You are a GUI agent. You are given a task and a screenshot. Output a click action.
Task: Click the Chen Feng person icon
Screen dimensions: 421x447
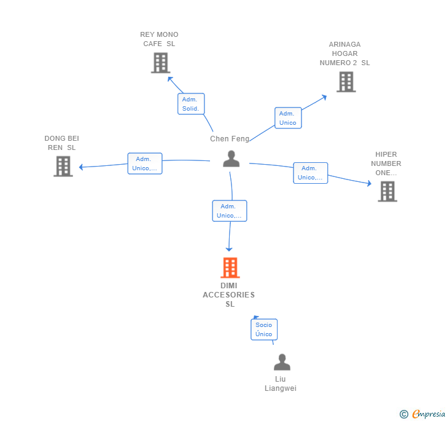tap(231, 159)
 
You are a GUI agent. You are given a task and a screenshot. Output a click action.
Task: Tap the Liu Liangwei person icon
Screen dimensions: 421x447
tap(282, 362)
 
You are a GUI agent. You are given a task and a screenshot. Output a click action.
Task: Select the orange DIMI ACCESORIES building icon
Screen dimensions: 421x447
tap(230, 268)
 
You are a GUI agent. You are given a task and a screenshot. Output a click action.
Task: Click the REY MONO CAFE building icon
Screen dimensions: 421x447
tap(160, 63)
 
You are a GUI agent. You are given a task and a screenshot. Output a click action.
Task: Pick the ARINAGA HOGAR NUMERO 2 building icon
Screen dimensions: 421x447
tap(346, 82)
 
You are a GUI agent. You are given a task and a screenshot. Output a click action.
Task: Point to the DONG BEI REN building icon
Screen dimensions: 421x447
tap(63, 166)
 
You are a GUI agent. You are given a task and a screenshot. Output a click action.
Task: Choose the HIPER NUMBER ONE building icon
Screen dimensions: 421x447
tap(387, 191)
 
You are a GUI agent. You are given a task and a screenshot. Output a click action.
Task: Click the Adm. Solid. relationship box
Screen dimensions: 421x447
tap(191, 104)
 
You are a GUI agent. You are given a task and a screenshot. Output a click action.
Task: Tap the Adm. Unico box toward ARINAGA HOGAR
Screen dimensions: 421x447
tap(287, 118)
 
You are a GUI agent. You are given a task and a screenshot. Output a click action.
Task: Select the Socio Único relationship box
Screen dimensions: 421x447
tap(264, 329)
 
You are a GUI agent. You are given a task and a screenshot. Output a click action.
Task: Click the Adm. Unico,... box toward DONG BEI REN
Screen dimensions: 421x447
tap(145, 163)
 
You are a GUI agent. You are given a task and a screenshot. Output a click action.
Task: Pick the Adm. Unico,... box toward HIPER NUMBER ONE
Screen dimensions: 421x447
tap(310, 173)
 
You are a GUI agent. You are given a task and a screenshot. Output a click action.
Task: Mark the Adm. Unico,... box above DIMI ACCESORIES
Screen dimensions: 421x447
tap(230, 211)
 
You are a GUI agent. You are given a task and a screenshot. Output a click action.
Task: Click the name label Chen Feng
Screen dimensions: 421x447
tap(230, 139)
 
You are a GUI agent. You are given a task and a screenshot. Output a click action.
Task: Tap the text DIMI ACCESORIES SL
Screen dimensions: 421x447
tap(229, 295)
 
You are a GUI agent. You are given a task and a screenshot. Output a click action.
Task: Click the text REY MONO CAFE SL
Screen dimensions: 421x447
tap(159, 39)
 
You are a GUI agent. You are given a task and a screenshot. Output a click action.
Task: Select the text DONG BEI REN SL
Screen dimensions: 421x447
tap(62, 143)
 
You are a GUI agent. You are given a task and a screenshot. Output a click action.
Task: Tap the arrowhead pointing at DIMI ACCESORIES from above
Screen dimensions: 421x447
tap(229, 249)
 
